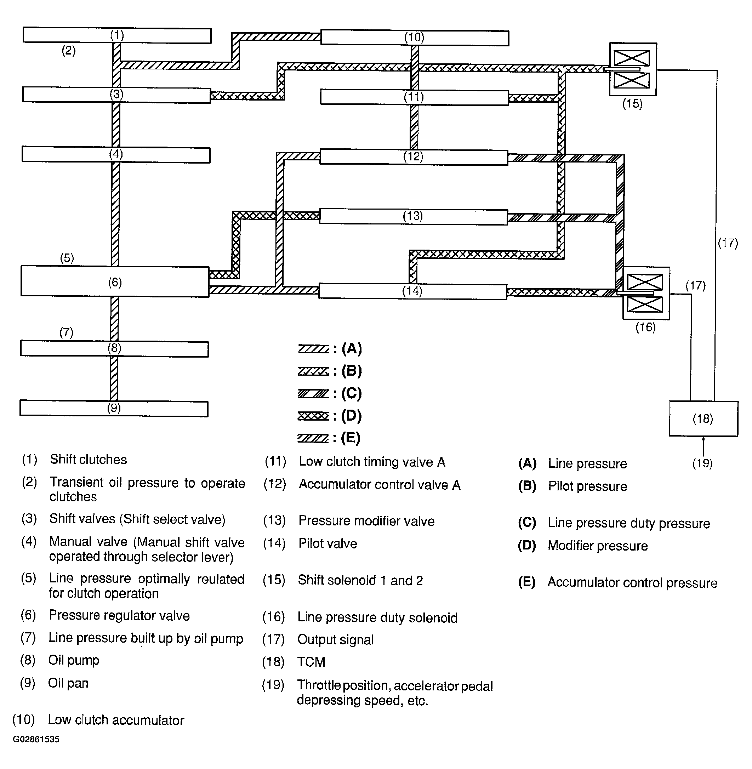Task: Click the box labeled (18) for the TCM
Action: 703,418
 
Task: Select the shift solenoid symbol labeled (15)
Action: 633,69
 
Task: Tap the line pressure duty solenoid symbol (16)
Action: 646,293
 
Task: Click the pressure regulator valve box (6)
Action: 115,281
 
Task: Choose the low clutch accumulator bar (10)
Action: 414,38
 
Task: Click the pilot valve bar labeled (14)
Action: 412,291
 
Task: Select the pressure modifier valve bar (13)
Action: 413,216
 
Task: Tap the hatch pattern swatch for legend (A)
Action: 313,349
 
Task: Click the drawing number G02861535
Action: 36,739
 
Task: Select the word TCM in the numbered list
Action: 311,662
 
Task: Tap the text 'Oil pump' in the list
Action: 74,660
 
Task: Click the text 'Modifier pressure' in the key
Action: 598,546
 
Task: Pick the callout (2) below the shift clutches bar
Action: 69,50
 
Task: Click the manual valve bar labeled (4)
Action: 116,154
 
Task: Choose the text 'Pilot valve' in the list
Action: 328,543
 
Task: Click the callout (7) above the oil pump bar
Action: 66,332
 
